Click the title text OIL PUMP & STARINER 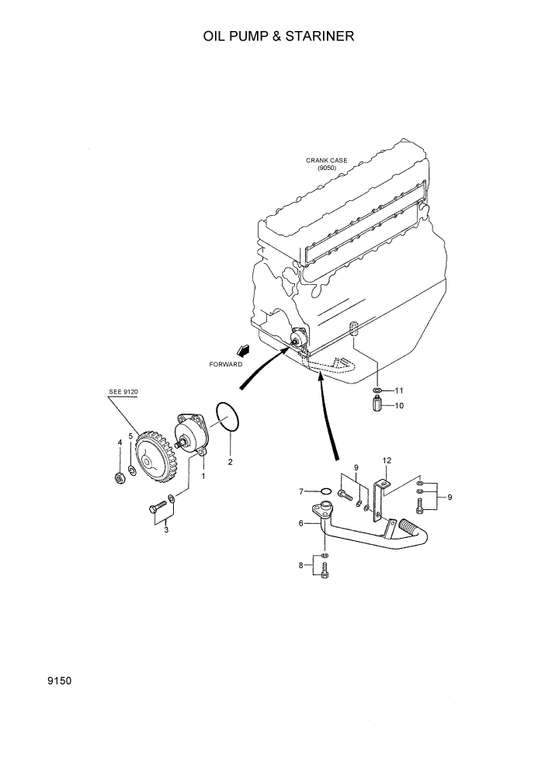coord(272,36)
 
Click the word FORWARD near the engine coord(226,363)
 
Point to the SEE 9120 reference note coord(123,393)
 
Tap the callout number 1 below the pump coord(203,476)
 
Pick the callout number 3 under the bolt coord(165,530)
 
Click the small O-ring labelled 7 coord(326,491)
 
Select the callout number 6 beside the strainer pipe coord(300,524)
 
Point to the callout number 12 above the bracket coord(387,460)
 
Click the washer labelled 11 coord(376,390)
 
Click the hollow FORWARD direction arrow coord(246,352)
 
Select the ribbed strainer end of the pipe coord(408,529)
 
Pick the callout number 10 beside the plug coord(399,405)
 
